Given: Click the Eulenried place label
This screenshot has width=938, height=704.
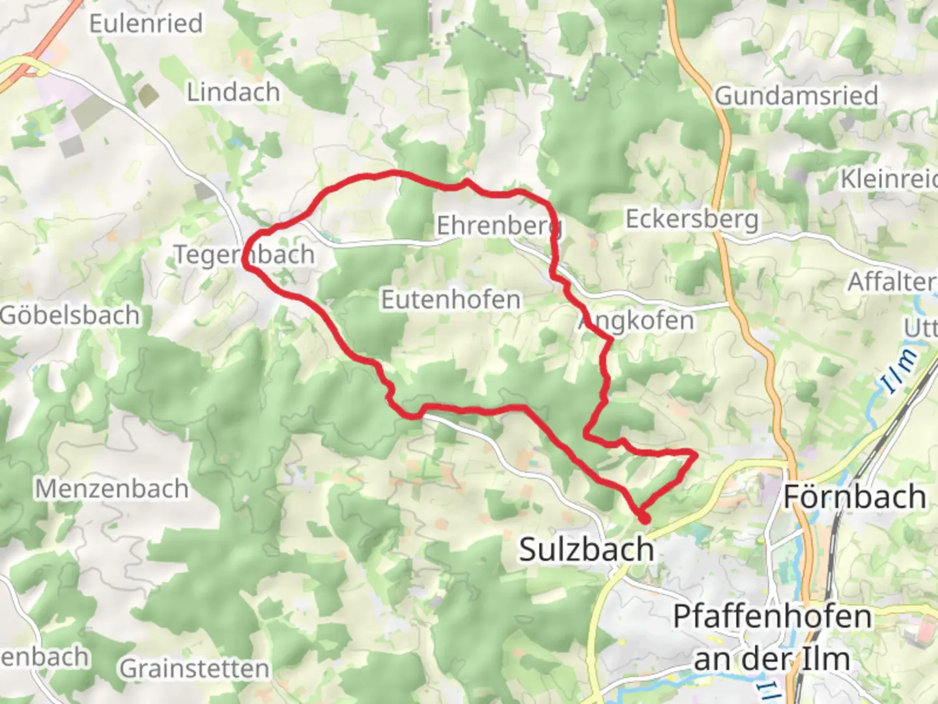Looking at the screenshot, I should coord(146,24).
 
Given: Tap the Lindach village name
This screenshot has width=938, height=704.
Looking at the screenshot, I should coord(233,93).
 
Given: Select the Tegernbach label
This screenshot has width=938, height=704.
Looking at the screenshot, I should coord(244,255).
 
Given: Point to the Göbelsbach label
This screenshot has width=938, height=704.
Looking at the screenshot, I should coord(70,315).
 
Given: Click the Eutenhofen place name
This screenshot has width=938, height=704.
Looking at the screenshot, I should coord(451,300).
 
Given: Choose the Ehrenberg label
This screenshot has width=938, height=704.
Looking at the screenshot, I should coord(498,226).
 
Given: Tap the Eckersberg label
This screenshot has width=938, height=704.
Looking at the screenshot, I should coord(692,220).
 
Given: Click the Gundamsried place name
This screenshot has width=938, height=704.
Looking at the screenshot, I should coord(796,96).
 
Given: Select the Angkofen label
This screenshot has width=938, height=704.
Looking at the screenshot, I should coord(637,321).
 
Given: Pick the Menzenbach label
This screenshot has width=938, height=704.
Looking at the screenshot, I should coord(111,489).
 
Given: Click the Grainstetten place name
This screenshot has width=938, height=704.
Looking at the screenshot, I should coord(194,669).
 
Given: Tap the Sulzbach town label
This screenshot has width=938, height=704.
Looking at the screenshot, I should coord(586,550).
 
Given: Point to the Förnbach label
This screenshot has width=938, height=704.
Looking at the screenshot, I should coord(855,497).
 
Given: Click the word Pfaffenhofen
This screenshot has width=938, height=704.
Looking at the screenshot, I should coord(772,617).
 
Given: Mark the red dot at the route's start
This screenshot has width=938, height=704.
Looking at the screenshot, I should coord(644,519).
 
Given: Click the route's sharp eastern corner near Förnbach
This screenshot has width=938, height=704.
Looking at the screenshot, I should coord(694,452).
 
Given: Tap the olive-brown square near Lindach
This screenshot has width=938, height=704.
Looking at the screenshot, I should coord(149,96).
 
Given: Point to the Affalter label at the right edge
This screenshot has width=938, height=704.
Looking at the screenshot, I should coord(891,282).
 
